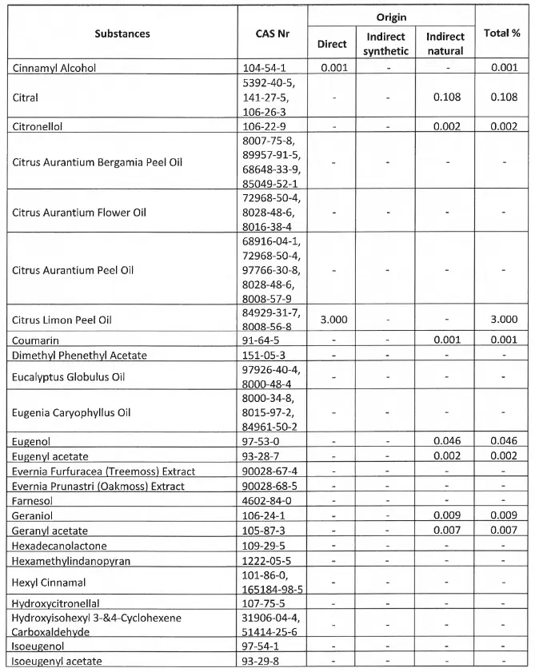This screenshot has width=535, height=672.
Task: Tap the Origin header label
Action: (390, 16)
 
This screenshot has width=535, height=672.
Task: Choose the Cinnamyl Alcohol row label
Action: (55, 68)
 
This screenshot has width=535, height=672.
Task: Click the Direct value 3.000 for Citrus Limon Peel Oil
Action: (332, 320)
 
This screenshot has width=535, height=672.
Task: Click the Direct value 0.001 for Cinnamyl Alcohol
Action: (332, 68)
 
